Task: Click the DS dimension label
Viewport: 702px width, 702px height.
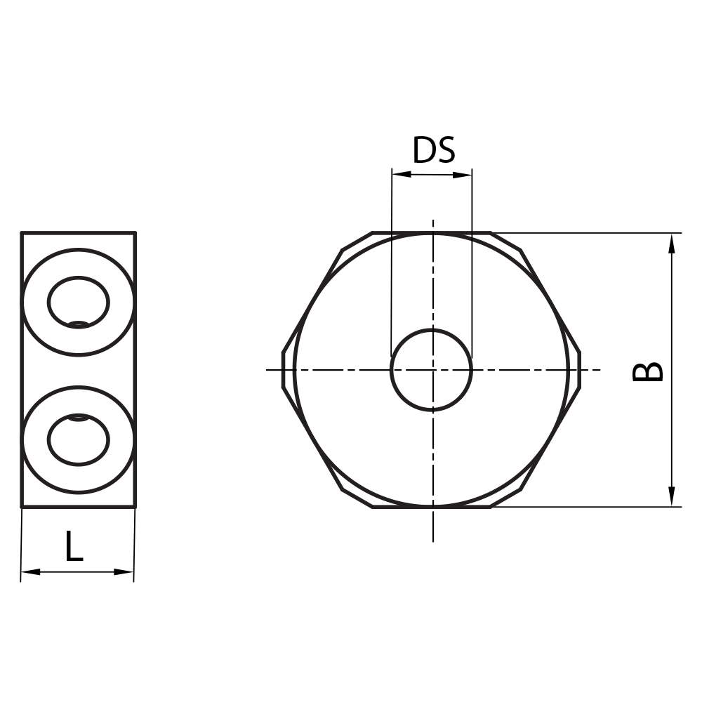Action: (433, 150)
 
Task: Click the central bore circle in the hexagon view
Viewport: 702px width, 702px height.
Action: (431, 369)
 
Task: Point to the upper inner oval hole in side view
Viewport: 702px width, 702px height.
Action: (79, 302)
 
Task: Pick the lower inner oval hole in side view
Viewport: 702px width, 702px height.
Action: (79, 439)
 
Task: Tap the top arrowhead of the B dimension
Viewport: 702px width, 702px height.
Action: (672, 243)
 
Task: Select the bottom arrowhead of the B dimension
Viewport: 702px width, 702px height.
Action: (672, 496)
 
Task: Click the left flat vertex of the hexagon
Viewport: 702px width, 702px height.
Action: (283, 369)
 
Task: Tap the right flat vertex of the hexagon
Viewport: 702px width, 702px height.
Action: (580, 369)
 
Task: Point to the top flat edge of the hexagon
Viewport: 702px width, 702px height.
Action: (431, 232)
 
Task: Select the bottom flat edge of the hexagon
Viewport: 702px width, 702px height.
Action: (431, 506)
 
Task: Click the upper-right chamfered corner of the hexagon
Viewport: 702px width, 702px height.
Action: (506, 241)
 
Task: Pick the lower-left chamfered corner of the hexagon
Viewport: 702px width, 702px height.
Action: (357, 498)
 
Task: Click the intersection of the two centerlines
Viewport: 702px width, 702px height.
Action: (433, 369)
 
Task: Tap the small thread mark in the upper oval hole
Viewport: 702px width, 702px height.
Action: (79, 324)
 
